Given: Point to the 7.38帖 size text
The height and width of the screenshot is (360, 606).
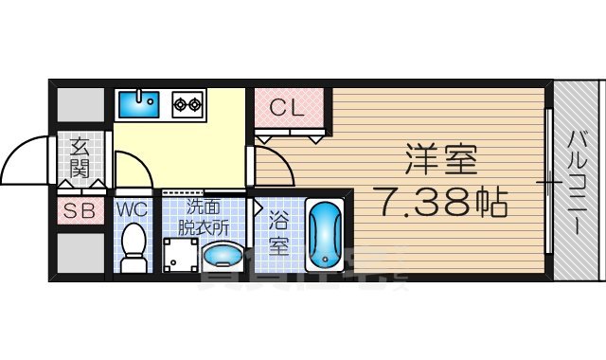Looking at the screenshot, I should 442,201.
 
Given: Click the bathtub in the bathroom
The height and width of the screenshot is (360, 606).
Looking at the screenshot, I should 325,234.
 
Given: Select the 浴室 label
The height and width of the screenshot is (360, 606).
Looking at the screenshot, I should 277,232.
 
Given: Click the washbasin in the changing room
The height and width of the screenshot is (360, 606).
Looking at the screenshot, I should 223,255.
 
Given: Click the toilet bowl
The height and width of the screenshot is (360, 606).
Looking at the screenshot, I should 133,243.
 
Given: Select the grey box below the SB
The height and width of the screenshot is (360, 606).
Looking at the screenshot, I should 80,253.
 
